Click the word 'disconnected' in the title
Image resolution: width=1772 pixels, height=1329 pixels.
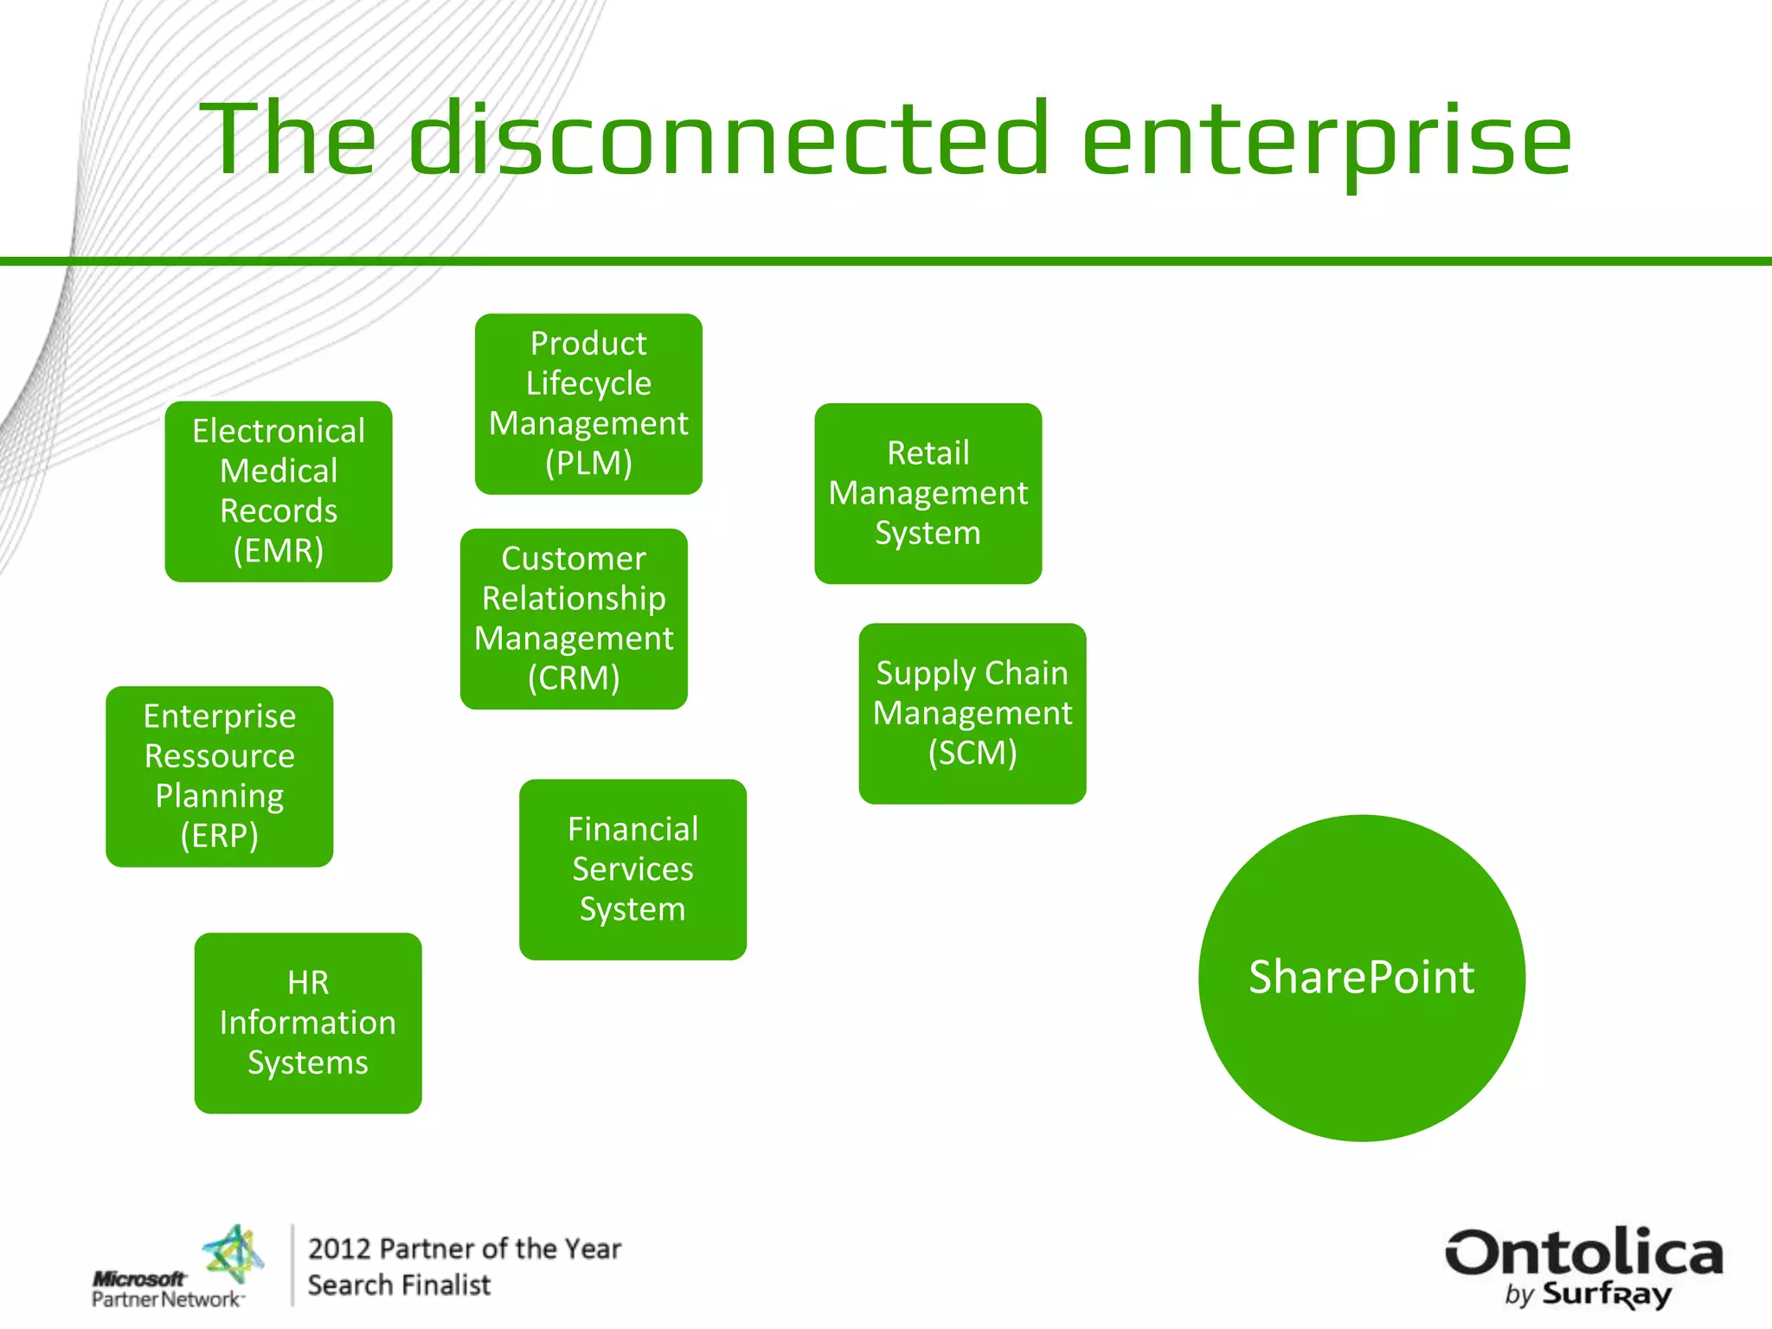tap(729, 138)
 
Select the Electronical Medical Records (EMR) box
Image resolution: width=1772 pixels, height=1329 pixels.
tap(279, 491)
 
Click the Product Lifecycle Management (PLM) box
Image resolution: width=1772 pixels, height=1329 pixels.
tap(588, 404)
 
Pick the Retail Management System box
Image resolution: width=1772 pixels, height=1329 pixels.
tap(928, 493)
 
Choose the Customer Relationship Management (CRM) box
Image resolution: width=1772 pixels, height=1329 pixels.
tap(574, 619)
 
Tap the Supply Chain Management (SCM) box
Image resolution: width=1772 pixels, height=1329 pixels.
tap(972, 713)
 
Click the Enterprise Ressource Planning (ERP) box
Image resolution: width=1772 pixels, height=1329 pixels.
tap(220, 776)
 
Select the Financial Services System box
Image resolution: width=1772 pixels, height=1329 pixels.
tap(632, 869)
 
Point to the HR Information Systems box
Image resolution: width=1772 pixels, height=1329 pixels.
tap(308, 1023)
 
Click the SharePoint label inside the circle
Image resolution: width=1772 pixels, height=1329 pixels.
tap(1361, 978)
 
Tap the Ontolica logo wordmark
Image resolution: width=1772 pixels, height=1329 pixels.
tap(1583, 1253)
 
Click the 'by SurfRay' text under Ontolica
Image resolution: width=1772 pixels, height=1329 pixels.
tap(1589, 1294)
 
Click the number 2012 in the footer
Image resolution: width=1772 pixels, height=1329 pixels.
tap(339, 1249)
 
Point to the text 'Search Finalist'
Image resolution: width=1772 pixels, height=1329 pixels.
tap(399, 1286)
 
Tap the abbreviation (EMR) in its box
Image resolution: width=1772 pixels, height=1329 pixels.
tap(279, 550)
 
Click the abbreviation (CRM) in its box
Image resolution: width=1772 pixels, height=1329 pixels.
tap(574, 677)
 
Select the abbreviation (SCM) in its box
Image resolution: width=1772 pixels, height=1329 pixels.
tap(972, 753)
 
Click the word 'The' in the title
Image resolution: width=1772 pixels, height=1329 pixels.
tap(288, 138)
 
